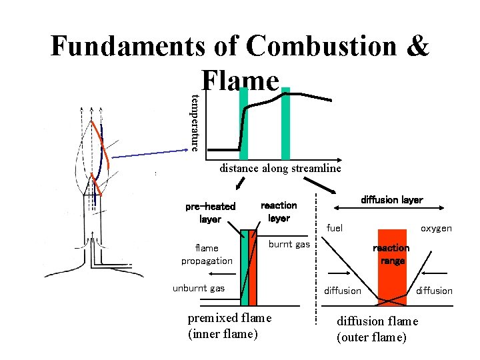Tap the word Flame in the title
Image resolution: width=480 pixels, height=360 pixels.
click(239, 81)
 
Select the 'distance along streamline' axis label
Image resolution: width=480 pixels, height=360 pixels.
click(280, 169)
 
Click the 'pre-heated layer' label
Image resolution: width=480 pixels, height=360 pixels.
click(210, 212)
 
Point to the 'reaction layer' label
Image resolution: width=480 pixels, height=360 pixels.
click(279, 211)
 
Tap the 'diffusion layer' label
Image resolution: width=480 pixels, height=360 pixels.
click(391, 200)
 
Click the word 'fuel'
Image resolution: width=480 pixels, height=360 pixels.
click(335, 228)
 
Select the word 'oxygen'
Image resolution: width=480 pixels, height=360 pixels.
click(436, 228)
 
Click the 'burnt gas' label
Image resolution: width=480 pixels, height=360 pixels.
click(289, 245)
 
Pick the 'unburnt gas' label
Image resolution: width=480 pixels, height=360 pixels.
click(199, 288)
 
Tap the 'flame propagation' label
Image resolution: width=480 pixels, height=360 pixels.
click(207, 254)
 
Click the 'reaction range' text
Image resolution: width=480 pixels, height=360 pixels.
click(391, 254)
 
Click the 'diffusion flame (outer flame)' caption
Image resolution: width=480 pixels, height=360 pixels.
click(377, 329)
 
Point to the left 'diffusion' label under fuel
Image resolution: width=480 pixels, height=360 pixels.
click(342, 291)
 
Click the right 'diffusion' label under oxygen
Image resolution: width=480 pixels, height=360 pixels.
click(434, 291)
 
